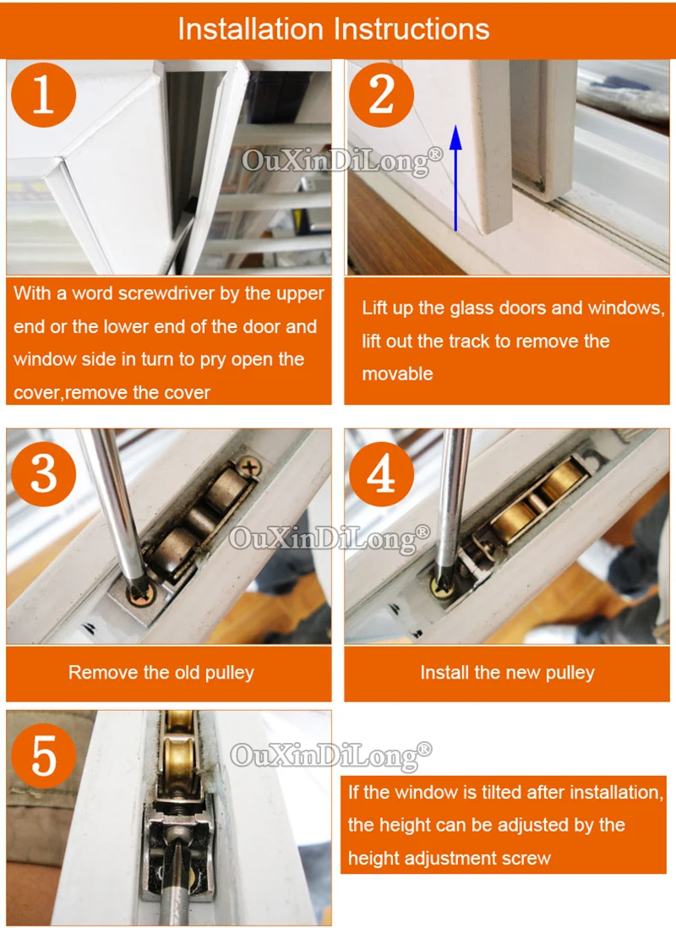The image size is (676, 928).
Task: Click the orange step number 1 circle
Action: click(x=44, y=95)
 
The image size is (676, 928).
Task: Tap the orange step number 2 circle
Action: click(x=382, y=95)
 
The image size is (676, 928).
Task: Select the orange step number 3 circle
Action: click(x=44, y=474)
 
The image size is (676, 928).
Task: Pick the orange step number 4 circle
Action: click(x=382, y=474)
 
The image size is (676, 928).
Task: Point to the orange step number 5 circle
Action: click(x=44, y=756)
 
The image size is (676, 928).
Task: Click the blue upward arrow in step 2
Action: click(x=455, y=177)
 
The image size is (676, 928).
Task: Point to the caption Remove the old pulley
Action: click(x=161, y=673)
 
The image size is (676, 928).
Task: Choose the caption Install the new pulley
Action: click(x=507, y=673)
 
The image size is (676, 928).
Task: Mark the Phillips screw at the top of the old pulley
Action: click(x=250, y=468)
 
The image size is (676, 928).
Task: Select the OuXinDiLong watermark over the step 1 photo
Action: click(x=342, y=161)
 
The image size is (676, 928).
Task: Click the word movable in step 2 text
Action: click(x=397, y=374)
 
